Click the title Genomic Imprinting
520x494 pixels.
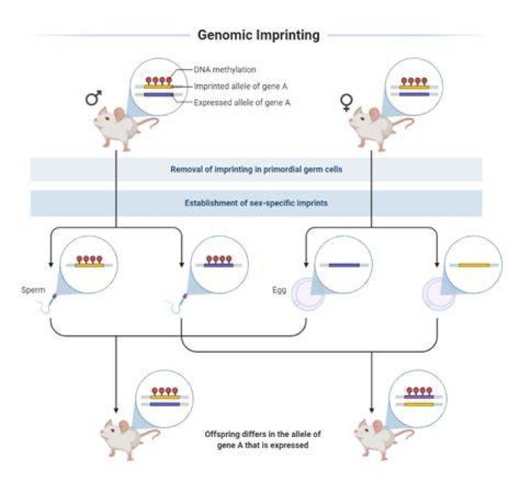click(x=259, y=35)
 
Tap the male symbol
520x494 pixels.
click(x=93, y=97)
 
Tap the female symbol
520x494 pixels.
click(x=347, y=102)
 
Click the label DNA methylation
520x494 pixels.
click(x=225, y=69)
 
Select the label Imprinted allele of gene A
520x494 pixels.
click(x=240, y=87)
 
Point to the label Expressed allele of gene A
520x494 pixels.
click(x=242, y=102)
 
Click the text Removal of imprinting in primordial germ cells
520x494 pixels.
click(x=256, y=169)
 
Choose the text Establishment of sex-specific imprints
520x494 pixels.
click(x=256, y=203)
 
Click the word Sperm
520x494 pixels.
click(x=33, y=290)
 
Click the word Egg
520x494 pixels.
click(x=279, y=290)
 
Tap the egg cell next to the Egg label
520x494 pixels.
click(x=307, y=295)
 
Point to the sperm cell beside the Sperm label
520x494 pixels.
click(x=48, y=304)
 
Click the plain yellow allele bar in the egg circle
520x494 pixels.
click(x=474, y=265)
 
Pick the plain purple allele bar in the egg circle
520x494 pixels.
click(x=344, y=265)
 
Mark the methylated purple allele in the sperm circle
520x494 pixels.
click(x=219, y=261)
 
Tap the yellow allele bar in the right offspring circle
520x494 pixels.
click(x=419, y=405)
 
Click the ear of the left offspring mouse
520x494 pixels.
click(x=123, y=427)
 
